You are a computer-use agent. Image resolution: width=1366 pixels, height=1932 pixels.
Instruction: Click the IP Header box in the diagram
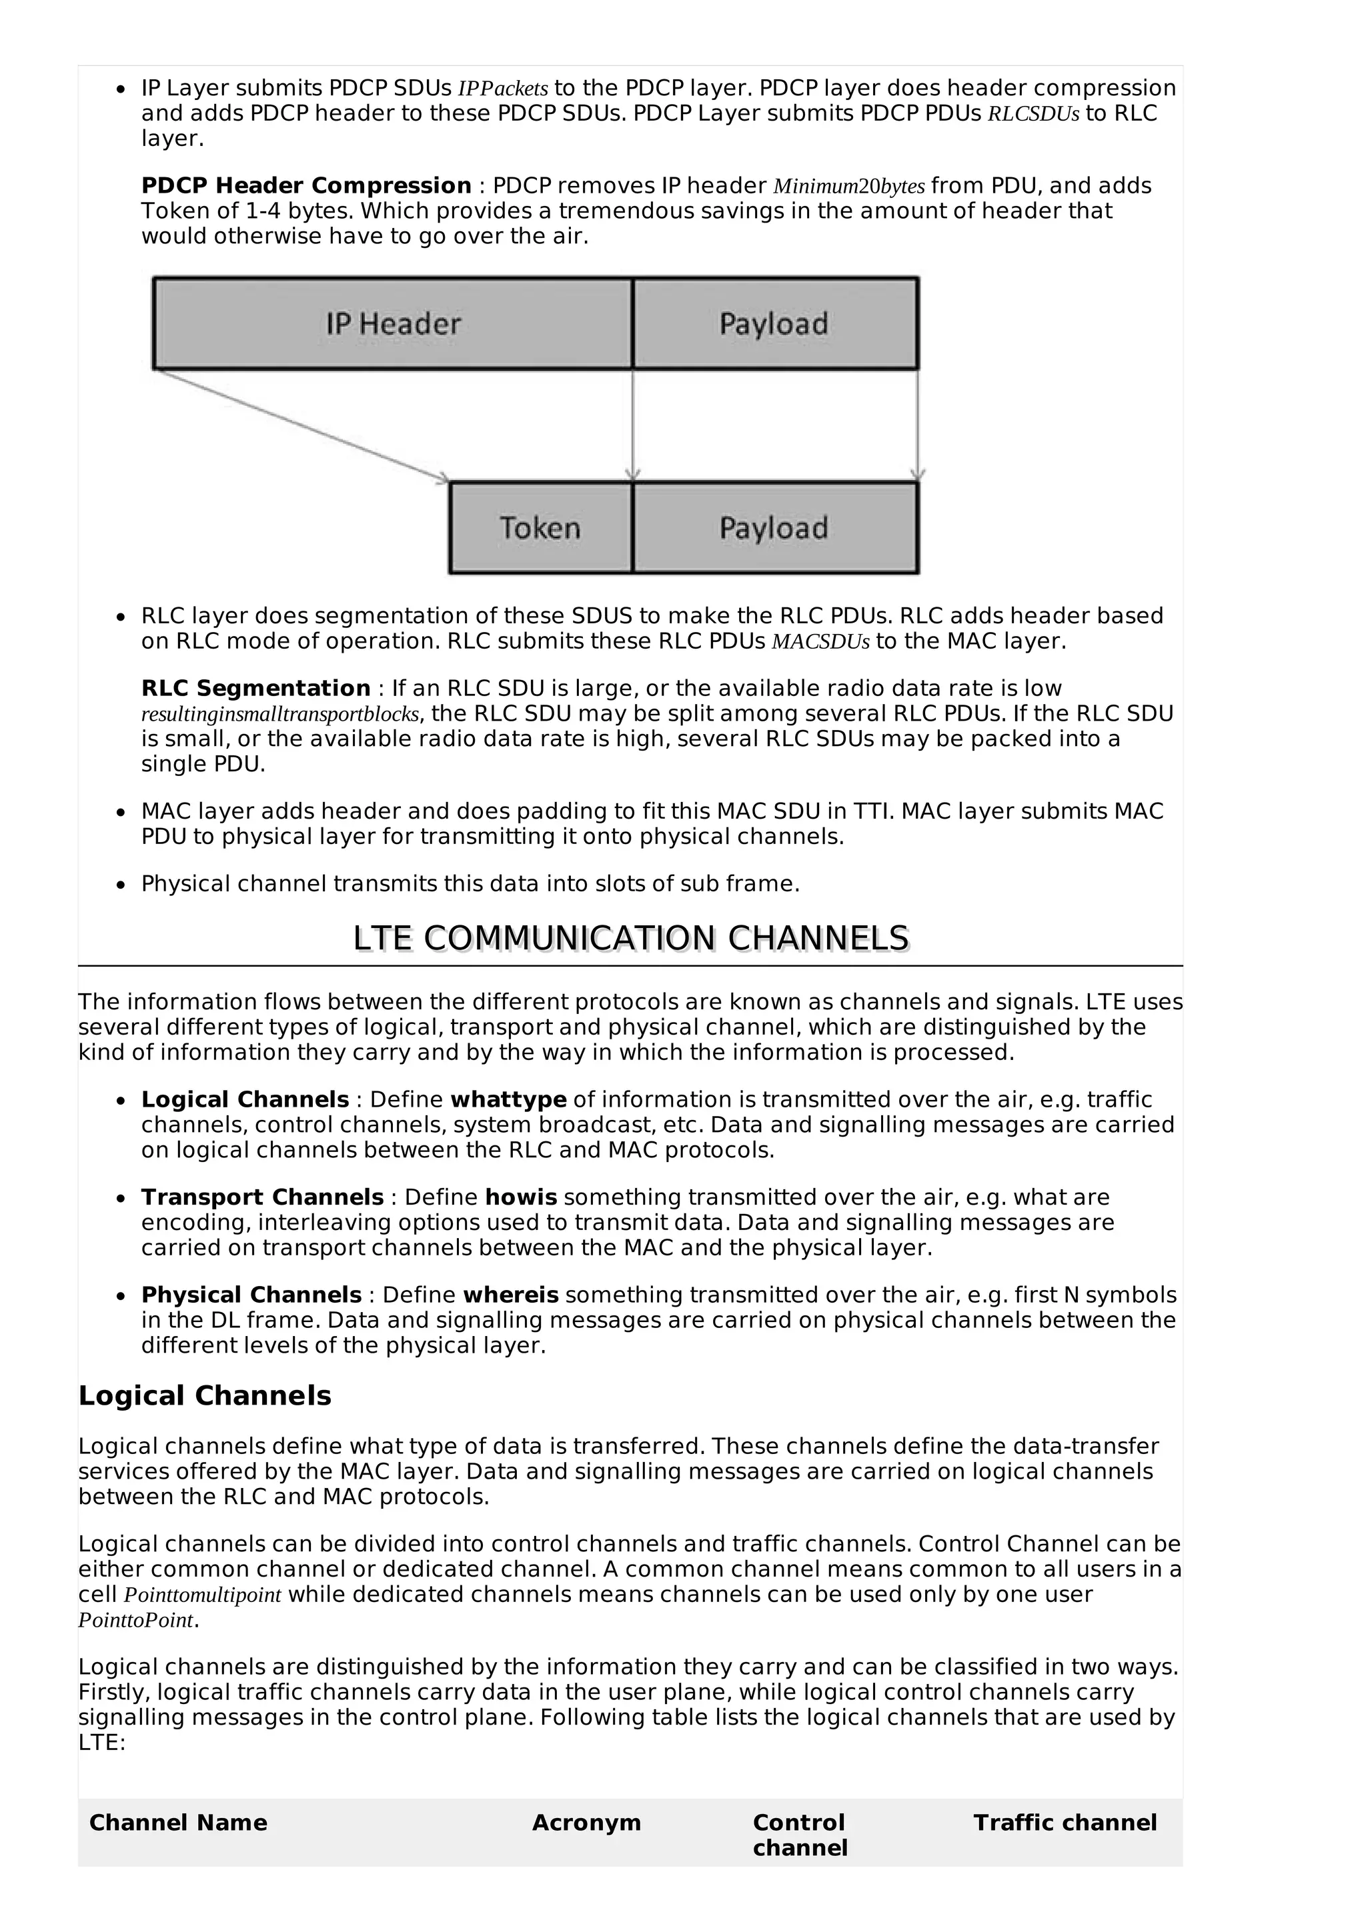pyautogui.click(x=393, y=324)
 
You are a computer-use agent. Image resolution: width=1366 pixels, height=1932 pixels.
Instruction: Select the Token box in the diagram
pyautogui.click(x=540, y=529)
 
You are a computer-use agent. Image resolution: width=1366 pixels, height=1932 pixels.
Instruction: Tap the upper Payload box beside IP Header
pyautogui.click(x=774, y=324)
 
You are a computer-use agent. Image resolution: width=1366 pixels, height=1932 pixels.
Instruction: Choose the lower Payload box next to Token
pyautogui.click(x=774, y=529)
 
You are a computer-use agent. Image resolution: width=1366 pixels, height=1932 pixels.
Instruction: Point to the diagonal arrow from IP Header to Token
pyautogui.click(x=303, y=427)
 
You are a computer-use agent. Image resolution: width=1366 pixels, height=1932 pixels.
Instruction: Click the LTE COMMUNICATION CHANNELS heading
pyautogui.click(x=630, y=939)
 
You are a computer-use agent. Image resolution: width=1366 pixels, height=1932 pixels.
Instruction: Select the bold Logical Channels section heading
pyautogui.click(x=205, y=1396)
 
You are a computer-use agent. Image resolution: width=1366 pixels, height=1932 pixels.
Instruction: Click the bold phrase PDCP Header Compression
pyautogui.click(x=305, y=186)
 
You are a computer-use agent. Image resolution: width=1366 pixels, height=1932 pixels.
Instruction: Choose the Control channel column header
pyautogui.click(x=799, y=1835)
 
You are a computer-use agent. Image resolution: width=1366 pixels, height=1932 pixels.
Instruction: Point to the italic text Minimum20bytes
pyautogui.click(x=848, y=187)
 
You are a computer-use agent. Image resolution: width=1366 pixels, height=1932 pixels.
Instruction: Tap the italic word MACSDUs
pyautogui.click(x=820, y=642)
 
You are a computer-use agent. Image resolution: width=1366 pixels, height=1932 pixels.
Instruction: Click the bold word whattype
pyautogui.click(x=508, y=1100)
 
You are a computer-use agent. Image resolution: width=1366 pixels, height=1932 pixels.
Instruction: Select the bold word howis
pyautogui.click(x=521, y=1197)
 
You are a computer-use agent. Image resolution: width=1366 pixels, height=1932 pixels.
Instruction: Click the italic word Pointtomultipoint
pyautogui.click(x=202, y=1595)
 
